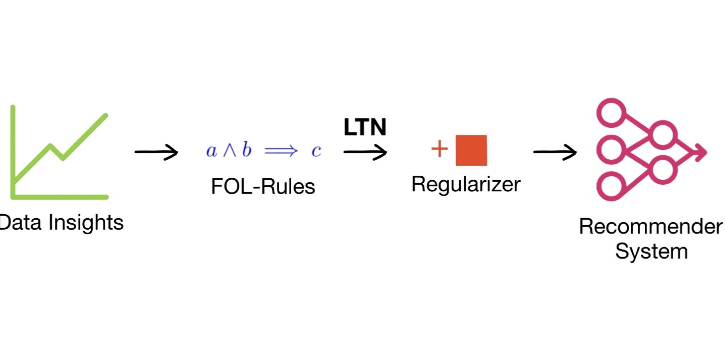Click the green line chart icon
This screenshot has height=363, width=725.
(x=59, y=152)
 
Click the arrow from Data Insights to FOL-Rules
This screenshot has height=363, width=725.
(x=156, y=152)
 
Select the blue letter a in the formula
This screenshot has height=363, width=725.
(x=211, y=151)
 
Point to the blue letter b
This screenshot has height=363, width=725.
(x=246, y=150)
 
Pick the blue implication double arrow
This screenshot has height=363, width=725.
(x=281, y=151)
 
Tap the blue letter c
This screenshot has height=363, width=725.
(x=316, y=151)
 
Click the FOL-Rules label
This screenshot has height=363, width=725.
(x=263, y=187)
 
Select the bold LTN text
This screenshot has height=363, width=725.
(x=365, y=128)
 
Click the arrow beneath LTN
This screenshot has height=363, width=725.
(x=365, y=152)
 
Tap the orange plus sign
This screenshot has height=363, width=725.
(x=439, y=149)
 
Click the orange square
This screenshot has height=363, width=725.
(x=471, y=150)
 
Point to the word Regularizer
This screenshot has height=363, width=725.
(x=466, y=184)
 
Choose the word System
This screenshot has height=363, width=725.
(x=651, y=251)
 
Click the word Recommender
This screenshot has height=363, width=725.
(x=650, y=227)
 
